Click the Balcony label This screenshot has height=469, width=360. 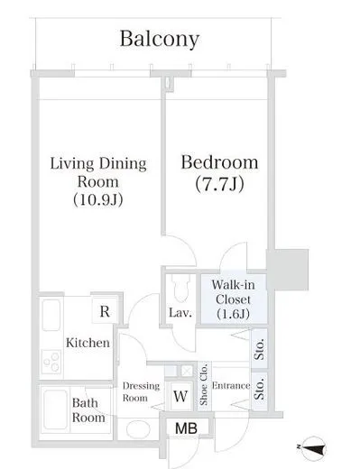point(160,40)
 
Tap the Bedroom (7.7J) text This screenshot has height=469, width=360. point(219,173)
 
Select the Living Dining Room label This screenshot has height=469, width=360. point(98,181)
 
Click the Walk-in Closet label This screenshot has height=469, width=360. point(233,299)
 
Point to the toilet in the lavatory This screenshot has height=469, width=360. point(180,288)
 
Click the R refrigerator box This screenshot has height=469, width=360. point(105,311)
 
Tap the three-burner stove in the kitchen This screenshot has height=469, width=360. point(51,362)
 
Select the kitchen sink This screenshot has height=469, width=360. point(51,315)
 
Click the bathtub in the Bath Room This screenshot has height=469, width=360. point(55,409)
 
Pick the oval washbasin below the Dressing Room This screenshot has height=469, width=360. point(138,429)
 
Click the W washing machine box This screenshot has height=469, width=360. point(180,396)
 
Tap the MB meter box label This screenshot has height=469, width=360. point(186,428)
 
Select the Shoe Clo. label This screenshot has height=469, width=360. point(204,384)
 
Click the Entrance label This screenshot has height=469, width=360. point(231,385)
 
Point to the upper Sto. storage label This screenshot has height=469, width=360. point(259,349)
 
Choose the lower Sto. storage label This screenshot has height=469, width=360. point(259,389)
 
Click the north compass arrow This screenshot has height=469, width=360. point(314,448)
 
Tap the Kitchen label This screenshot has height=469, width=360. point(88,343)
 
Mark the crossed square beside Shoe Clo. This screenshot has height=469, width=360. point(187,371)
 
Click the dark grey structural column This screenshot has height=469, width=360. point(288,270)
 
